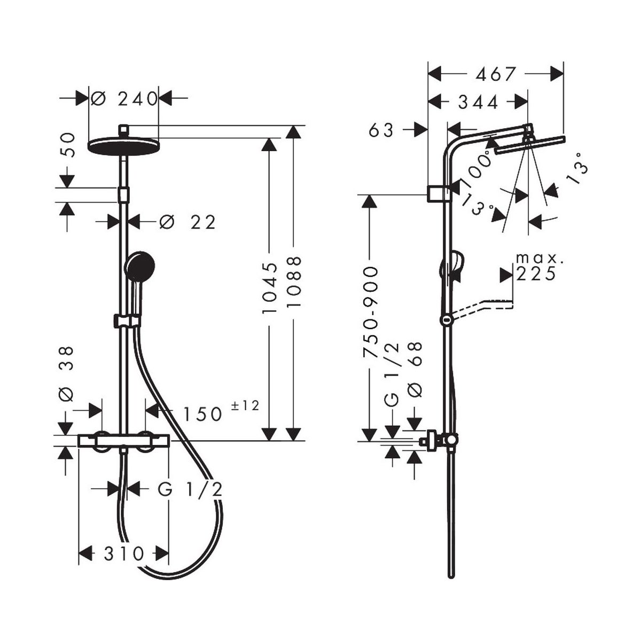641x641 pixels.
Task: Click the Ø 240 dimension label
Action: (x=124, y=98)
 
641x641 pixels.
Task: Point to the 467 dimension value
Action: (x=497, y=74)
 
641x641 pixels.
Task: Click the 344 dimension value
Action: (x=478, y=101)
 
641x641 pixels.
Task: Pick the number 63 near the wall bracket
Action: (x=381, y=130)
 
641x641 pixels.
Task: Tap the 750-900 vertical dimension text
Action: (x=370, y=312)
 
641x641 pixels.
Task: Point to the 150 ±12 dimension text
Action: (x=220, y=412)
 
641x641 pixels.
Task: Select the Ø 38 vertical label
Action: (x=66, y=373)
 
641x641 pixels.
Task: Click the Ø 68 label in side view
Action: (x=415, y=369)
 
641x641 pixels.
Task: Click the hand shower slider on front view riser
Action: (x=126, y=320)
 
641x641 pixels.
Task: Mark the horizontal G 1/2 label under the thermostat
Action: (x=190, y=489)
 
